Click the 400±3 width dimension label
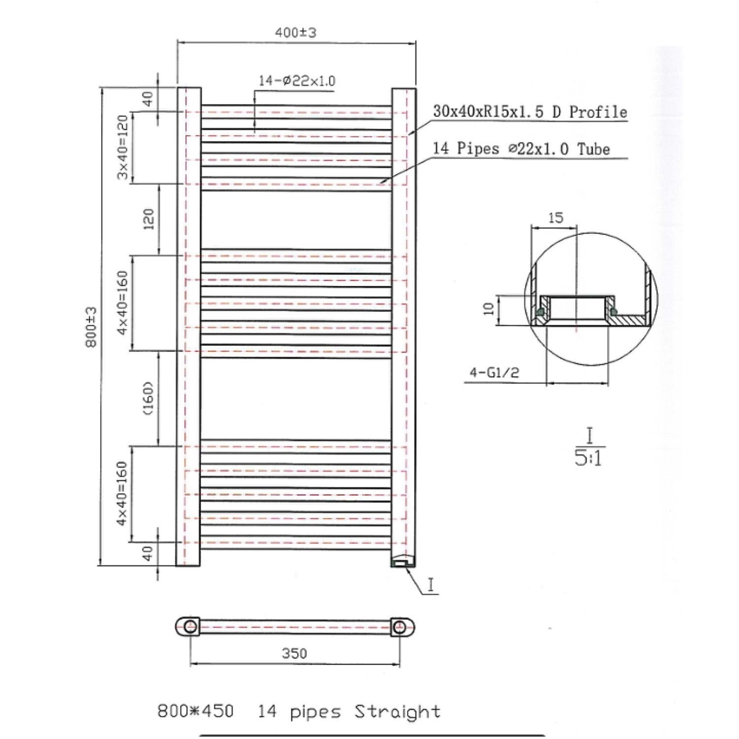tap(296, 33)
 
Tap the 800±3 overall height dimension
tap(92, 327)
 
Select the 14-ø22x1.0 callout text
tap(297, 81)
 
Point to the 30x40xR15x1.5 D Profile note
tap(530, 112)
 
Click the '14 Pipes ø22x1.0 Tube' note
tap(521, 148)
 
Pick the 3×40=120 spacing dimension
tap(123, 147)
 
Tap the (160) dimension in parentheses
tap(149, 398)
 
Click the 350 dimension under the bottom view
tap(294, 653)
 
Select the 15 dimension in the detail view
tap(555, 217)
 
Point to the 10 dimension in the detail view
tap(489, 309)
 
